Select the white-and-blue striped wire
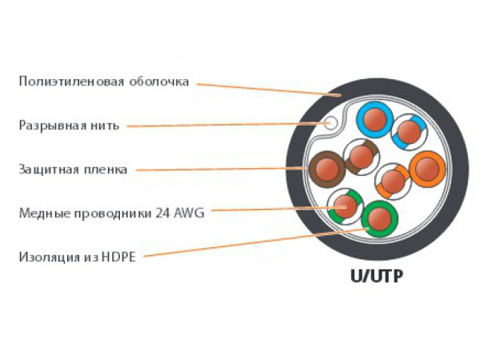point(408,130)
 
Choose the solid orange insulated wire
point(426,170)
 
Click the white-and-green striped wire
point(345,206)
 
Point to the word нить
point(104,125)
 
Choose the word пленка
point(106,169)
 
